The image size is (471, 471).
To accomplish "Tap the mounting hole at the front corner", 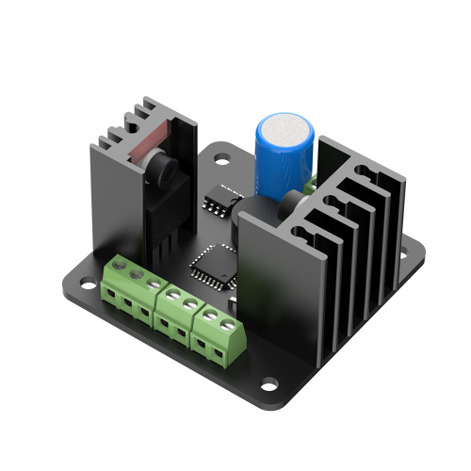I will click(269, 383).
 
